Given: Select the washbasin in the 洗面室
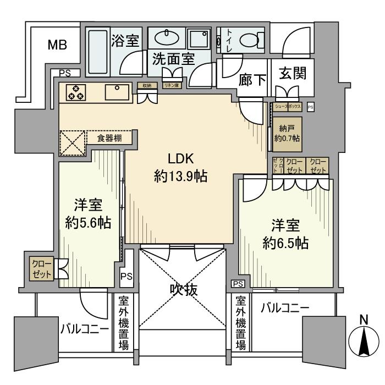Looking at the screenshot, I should point(163,39).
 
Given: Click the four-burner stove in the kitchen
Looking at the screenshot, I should point(75,93).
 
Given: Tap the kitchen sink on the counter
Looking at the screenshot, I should point(117,92).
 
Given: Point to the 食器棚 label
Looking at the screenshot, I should point(109,138).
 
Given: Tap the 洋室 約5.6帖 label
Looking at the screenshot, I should point(87,214).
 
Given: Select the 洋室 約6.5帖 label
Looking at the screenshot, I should point(285,233).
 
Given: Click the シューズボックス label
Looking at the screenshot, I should point(287,107).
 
